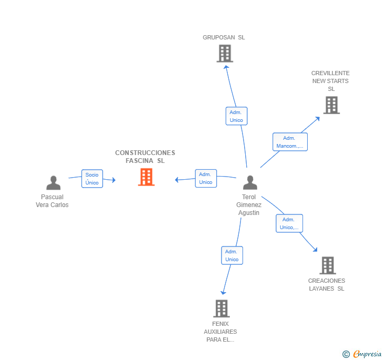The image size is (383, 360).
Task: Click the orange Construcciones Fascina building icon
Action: (x=146, y=177)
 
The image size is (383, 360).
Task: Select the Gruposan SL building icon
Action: (x=225, y=54)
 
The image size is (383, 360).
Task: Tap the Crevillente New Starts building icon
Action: (x=331, y=105)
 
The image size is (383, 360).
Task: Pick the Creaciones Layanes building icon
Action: (x=327, y=265)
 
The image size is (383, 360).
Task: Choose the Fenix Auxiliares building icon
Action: (x=221, y=308)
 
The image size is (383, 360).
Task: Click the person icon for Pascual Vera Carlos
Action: (x=53, y=183)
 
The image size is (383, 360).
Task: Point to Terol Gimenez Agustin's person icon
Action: (x=250, y=183)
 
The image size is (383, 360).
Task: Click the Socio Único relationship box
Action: (x=92, y=179)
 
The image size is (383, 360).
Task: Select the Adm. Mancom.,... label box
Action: (x=289, y=142)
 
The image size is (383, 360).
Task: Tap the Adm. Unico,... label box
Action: (x=289, y=223)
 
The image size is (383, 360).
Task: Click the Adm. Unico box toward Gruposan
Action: (x=236, y=116)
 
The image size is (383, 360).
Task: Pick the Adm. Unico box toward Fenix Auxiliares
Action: (x=231, y=255)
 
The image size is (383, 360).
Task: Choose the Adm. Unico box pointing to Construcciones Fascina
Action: (x=206, y=178)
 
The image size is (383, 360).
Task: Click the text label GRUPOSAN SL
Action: (x=224, y=38)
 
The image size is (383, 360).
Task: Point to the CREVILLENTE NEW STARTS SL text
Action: (x=330, y=81)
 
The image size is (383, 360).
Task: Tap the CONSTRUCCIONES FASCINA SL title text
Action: (x=145, y=157)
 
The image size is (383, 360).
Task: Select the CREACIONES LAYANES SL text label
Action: (x=327, y=284)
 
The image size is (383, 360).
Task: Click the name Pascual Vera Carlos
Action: (x=52, y=201)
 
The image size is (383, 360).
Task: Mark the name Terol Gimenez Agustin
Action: (x=249, y=205)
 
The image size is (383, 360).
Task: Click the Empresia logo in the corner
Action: (x=362, y=354)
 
